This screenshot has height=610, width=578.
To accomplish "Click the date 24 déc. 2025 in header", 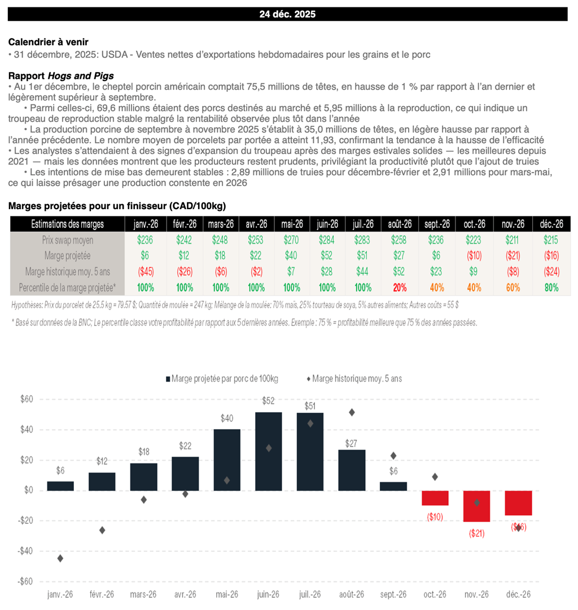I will [x=287, y=14].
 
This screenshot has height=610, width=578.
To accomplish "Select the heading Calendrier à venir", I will [x=48, y=42].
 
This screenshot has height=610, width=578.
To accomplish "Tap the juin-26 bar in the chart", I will [x=268, y=451].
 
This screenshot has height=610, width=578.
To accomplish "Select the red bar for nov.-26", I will [x=476, y=506].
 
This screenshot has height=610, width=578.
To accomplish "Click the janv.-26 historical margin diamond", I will [x=60, y=558].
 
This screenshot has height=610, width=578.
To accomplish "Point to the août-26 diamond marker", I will [x=352, y=412].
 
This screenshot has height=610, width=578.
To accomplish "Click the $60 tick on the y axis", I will [x=27, y=399].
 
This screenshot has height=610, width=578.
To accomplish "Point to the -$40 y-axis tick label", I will [x=26, y=551].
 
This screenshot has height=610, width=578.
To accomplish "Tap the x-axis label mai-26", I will [x=226, y=594].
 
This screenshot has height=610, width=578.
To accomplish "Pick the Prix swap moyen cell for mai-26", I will [x=291, y=240].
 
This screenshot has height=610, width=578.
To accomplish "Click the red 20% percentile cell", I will [x=400, y=288].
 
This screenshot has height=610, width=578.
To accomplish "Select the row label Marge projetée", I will [x=67, y=255].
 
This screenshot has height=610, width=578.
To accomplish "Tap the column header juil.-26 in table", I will [x=362, y=224].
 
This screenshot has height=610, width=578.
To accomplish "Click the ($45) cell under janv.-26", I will [x=145, y=271].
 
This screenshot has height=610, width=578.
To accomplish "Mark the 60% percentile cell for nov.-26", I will [x=513, y=288].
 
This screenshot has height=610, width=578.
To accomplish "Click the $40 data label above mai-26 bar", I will [x=226, y=418].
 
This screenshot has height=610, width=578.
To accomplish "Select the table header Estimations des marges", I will [x=67, y=224].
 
